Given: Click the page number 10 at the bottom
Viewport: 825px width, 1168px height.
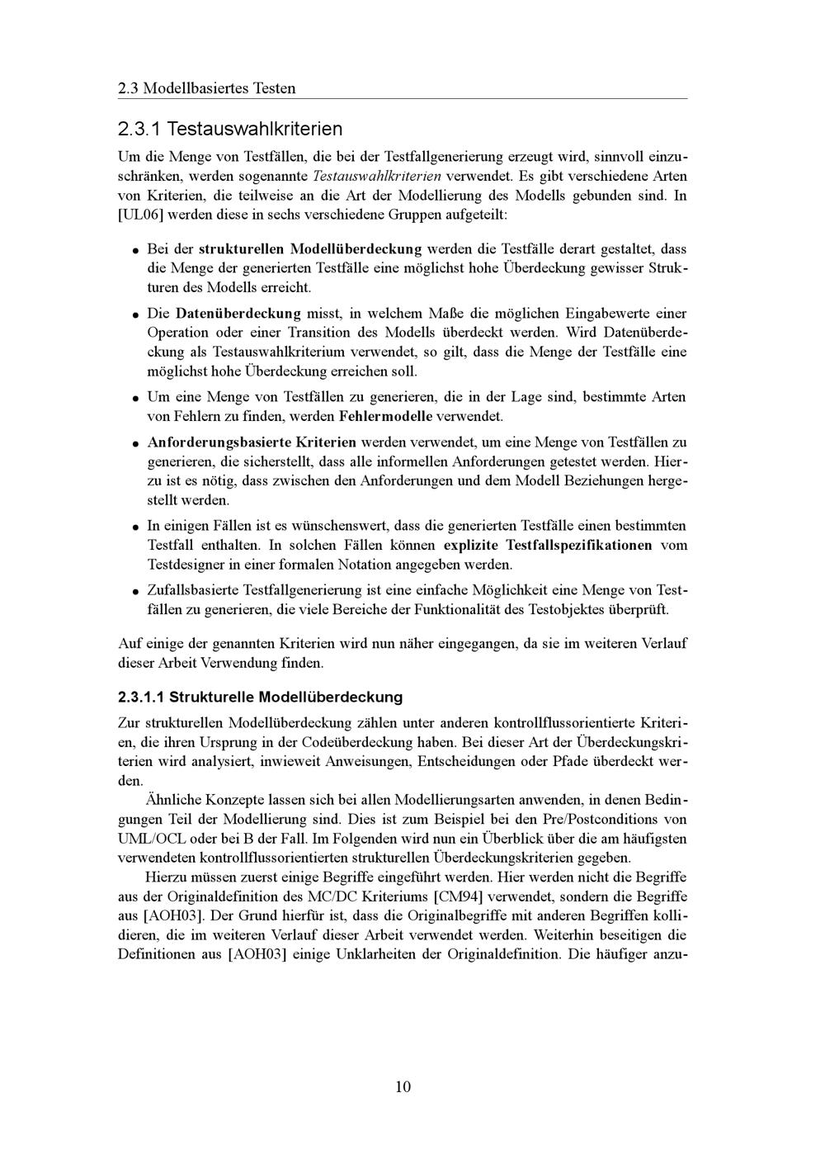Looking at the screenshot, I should point(403,1086).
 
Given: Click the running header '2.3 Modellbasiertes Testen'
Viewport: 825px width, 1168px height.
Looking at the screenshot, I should point(206,87).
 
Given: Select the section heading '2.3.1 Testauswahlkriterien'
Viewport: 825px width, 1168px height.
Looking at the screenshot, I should point(229,130).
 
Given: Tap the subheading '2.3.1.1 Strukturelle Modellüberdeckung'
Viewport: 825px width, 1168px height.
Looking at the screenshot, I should point(261,697).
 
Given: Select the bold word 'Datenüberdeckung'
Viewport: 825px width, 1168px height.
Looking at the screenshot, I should point(238,314).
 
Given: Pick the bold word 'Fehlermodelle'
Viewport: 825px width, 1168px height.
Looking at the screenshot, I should point(386,416).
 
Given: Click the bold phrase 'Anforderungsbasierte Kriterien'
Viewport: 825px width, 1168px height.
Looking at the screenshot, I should point(252,442).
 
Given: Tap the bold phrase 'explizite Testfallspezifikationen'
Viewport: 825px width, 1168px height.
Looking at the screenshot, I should point(548,546).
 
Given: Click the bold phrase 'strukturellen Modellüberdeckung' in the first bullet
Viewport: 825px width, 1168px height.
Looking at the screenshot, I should point(310,248).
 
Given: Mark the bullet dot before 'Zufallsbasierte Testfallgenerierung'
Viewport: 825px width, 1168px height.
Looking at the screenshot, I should point(134,592).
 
